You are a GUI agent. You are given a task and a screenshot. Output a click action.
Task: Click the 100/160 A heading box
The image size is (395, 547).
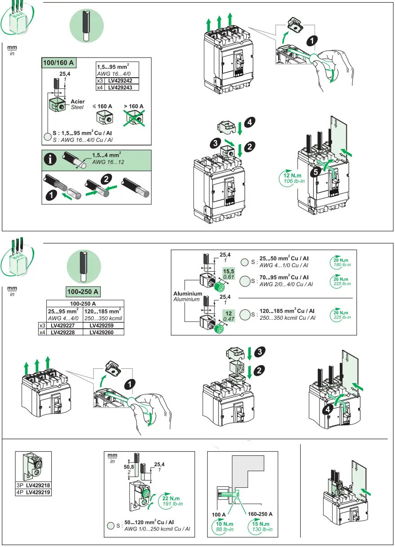[x=58, y=62]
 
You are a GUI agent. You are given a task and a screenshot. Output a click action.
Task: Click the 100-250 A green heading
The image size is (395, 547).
[x=84, y=292]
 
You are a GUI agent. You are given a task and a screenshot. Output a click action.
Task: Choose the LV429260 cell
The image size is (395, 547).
[x=104, y=332]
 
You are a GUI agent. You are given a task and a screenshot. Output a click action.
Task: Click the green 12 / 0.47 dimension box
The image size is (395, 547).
[x=229, y=315]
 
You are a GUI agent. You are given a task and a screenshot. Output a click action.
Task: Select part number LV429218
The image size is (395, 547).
[x=38, y=486]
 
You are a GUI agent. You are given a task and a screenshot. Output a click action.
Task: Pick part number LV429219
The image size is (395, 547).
[x=38, y=492]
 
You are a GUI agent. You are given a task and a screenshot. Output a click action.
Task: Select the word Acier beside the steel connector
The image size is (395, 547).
[x=77, y=102]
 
